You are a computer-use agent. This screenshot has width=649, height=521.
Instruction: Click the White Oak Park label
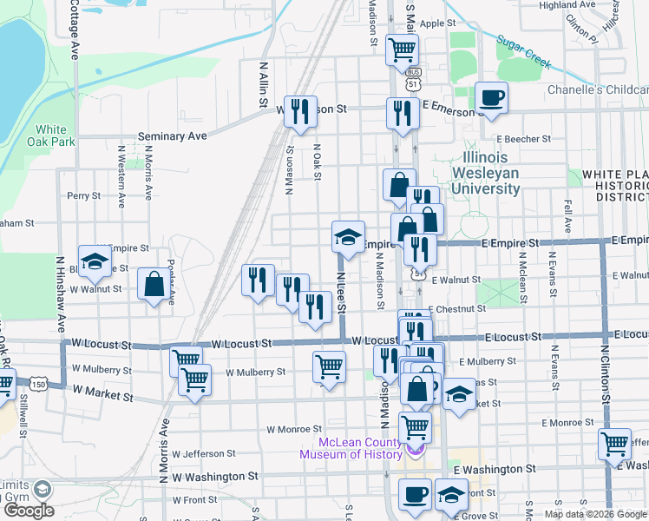tap(50, 135)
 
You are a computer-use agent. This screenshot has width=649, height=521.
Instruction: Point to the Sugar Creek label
tap(524, 52)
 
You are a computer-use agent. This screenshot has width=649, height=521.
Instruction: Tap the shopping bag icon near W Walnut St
tap(154, 283)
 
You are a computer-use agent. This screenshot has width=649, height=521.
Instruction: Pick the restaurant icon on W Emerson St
tap(300, 111)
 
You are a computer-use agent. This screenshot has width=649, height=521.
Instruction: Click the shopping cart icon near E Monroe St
tap(614, 444)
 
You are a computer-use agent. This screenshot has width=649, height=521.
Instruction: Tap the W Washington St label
tap(215, 477)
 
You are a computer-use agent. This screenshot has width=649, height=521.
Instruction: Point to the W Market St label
tap(103, 395)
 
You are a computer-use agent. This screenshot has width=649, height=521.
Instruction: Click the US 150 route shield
tap(37, 383)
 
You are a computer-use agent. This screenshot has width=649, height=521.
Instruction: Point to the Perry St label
tap(84, 196)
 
